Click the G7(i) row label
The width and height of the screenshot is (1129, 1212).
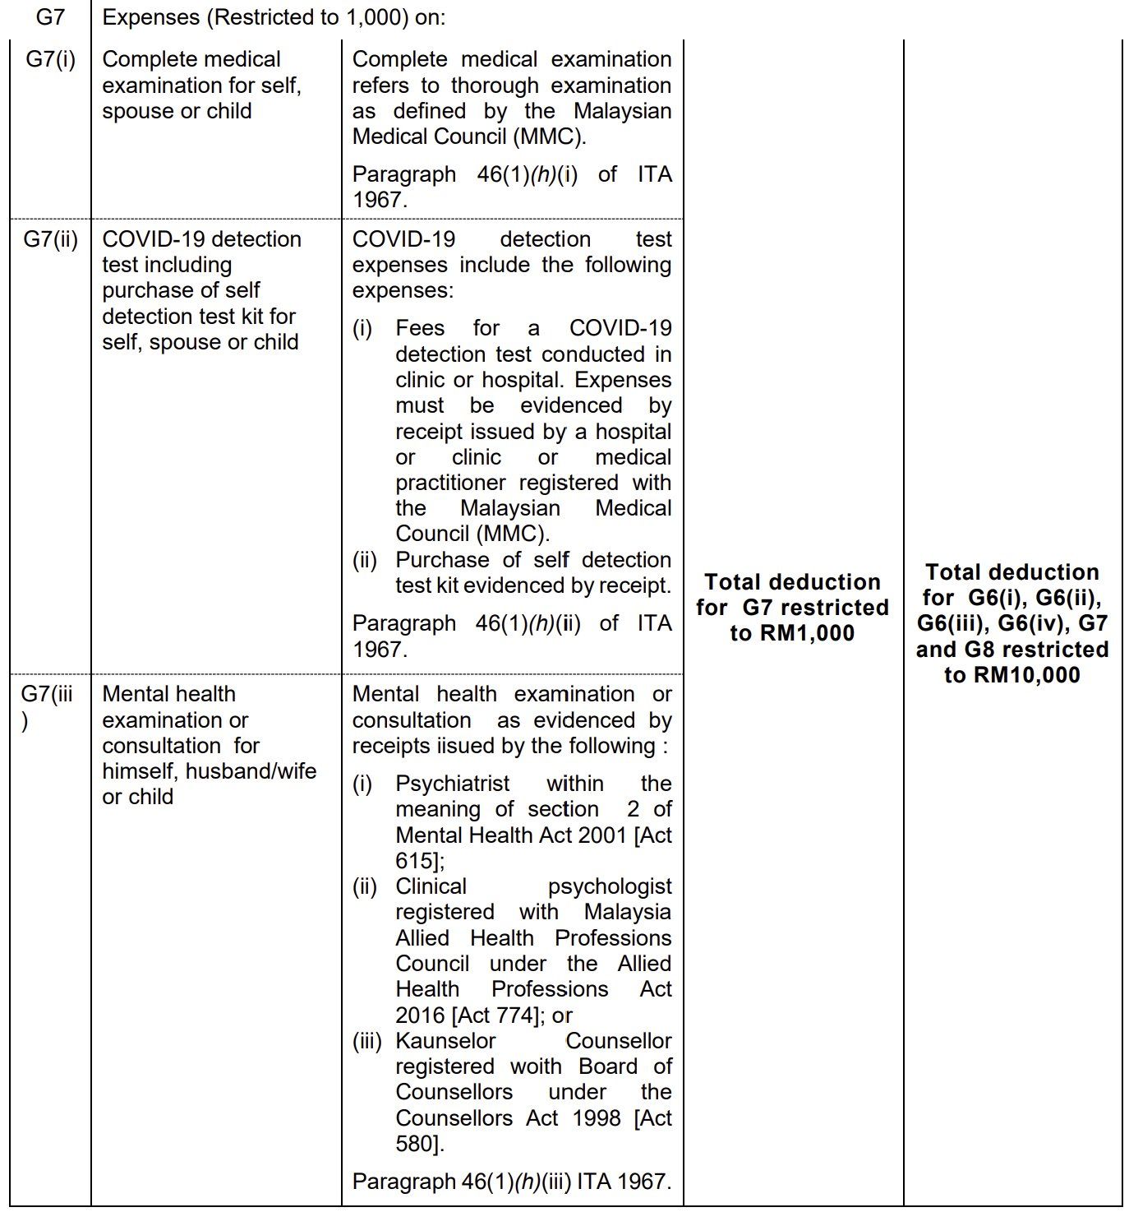click(x=50, y=59)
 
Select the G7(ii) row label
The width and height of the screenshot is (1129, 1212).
click(x=50, y=239)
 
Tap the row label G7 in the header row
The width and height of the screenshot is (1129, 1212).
click(x=50, y=16)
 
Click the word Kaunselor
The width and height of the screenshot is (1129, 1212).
click(x=445, y=1040)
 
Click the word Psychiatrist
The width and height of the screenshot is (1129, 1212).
click(x=452, y=783)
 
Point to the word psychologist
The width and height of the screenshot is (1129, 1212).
click(x=609, y=886)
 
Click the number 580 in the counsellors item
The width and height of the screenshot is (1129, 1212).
click(x=415, y=1143)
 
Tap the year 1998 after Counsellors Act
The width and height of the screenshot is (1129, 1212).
click(x=592, y=1117)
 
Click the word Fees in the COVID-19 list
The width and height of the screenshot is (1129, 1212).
click(x=419, y=328)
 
